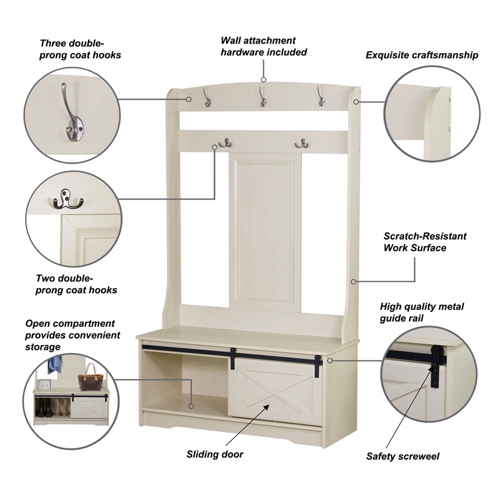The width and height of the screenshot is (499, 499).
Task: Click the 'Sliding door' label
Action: (215, 454)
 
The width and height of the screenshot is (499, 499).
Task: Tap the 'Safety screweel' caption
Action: (402, 457)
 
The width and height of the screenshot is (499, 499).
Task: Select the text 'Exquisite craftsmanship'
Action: (422, 55)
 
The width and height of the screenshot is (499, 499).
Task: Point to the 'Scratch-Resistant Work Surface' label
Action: (425, 242)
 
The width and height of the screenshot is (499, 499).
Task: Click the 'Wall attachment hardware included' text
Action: (263, 46)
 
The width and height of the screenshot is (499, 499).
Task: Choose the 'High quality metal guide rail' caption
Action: (422, 312)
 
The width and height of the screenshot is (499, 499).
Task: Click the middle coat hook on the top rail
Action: (263, 97)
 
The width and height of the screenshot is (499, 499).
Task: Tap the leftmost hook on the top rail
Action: (207, 97)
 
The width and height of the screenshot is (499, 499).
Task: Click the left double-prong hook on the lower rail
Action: (225, 143)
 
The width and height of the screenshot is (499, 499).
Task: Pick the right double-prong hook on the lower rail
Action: (302, 144)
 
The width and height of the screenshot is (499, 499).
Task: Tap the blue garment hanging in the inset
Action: (55, 365)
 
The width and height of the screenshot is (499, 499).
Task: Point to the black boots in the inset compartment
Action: (44, 408)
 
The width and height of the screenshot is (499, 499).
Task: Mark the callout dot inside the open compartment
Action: (191, 406)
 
